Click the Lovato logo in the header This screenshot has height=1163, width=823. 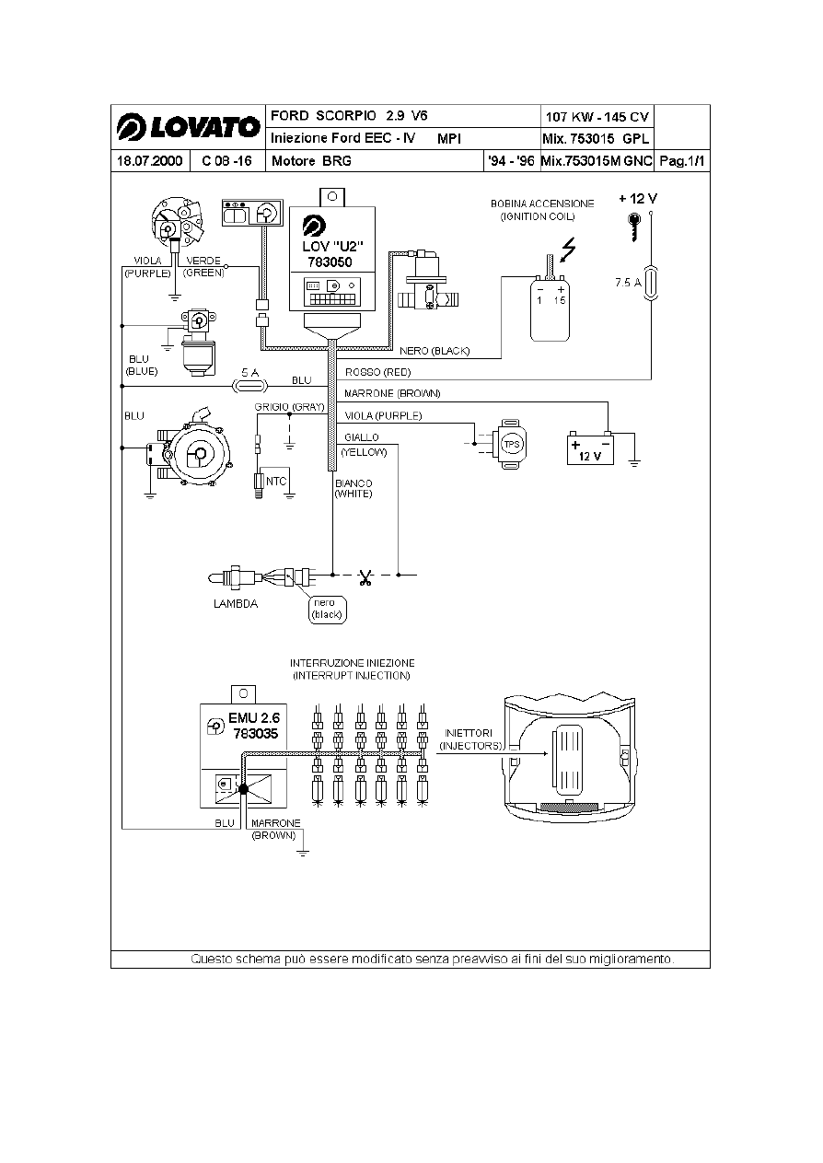[189, 127]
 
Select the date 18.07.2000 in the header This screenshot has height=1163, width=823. [149, 161]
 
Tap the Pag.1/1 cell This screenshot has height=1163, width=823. [682, 161]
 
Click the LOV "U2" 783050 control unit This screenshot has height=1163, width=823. [332, 259]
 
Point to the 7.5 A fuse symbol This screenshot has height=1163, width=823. [651, 283]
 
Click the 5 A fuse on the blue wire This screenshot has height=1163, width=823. [250, 386]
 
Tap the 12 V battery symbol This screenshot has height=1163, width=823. [590, 448]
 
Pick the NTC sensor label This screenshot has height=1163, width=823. [275, 482]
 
